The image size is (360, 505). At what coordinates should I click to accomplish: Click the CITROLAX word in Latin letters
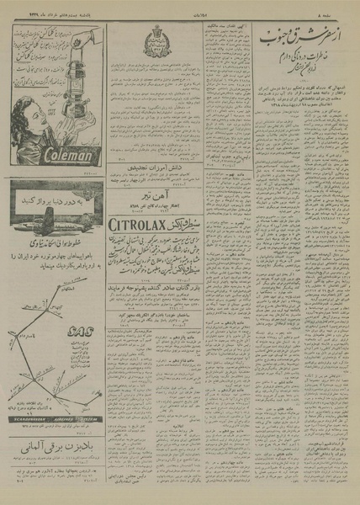pos(140,224)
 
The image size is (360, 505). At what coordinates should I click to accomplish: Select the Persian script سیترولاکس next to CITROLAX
pos(188,224)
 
